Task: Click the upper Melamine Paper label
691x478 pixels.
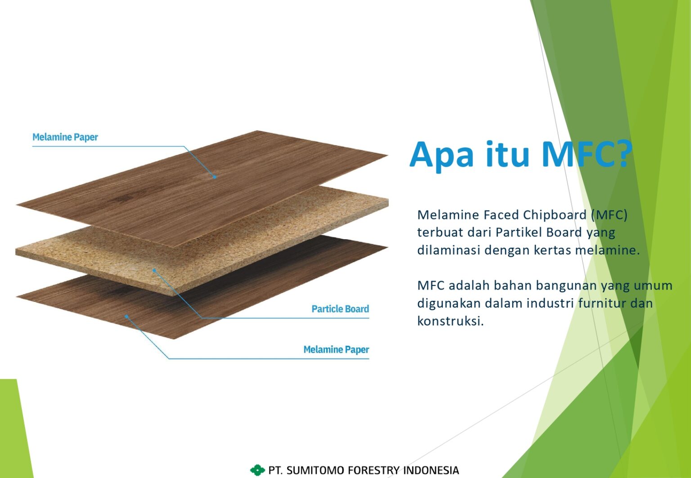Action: point(65,137)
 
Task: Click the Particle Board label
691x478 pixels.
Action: point(340,308)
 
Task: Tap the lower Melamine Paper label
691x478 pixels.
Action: point(336,350)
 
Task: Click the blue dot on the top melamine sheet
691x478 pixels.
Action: point(215,177)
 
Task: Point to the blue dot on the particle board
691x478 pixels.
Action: point(154,270)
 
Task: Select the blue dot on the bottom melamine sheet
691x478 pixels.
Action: point(126,317)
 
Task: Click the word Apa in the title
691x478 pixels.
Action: point(441,155)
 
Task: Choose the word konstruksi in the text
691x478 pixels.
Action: point(450,321)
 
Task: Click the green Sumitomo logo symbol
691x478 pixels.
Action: point(257,470)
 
